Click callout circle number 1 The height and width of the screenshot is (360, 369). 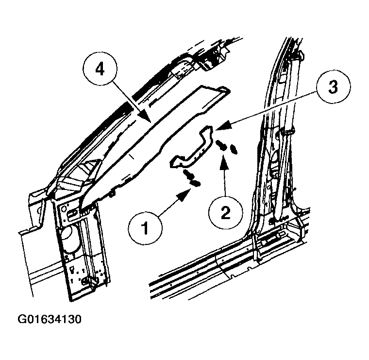coord(145,228)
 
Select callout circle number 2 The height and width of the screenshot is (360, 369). coord(226,213)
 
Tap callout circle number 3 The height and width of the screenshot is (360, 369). coord(333,86)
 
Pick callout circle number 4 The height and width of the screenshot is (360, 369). coord(100,69)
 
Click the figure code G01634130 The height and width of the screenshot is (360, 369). coord(50,319)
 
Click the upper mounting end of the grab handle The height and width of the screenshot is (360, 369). coord(207,131)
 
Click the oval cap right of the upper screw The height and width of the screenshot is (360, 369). coord(234,149)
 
